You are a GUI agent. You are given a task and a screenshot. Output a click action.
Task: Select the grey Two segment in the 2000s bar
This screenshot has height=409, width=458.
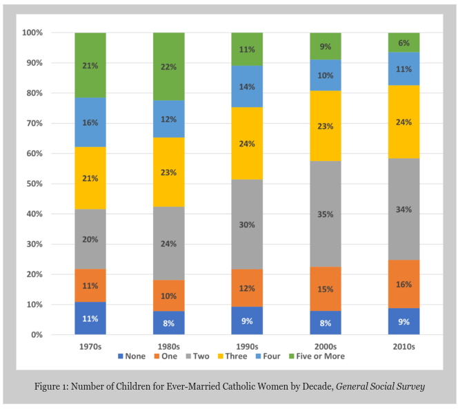[325, 214]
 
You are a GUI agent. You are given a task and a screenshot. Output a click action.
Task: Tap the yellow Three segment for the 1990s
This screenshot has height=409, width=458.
[247, 144]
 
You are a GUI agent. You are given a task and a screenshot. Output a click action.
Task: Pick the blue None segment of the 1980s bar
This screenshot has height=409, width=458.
[168, 323]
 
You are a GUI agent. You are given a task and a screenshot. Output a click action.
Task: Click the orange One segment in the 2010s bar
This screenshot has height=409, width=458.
[404, 284]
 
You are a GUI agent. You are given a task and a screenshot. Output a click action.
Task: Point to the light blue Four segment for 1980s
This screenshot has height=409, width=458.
[168, 120]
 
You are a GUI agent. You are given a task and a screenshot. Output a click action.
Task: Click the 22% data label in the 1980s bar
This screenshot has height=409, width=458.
[168, 67]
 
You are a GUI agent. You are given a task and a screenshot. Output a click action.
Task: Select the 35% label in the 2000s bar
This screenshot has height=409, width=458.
[325, 214]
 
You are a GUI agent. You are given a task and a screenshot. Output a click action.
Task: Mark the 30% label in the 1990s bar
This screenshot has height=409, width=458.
[247, 225]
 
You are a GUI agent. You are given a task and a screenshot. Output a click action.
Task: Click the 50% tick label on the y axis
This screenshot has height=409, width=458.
[32, 184]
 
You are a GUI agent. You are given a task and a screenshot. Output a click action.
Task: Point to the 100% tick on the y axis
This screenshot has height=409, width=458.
[31, 32]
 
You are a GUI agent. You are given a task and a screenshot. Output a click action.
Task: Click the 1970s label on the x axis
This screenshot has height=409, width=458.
[90, 345]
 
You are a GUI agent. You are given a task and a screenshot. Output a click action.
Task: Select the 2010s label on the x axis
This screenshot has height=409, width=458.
[404, 345]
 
